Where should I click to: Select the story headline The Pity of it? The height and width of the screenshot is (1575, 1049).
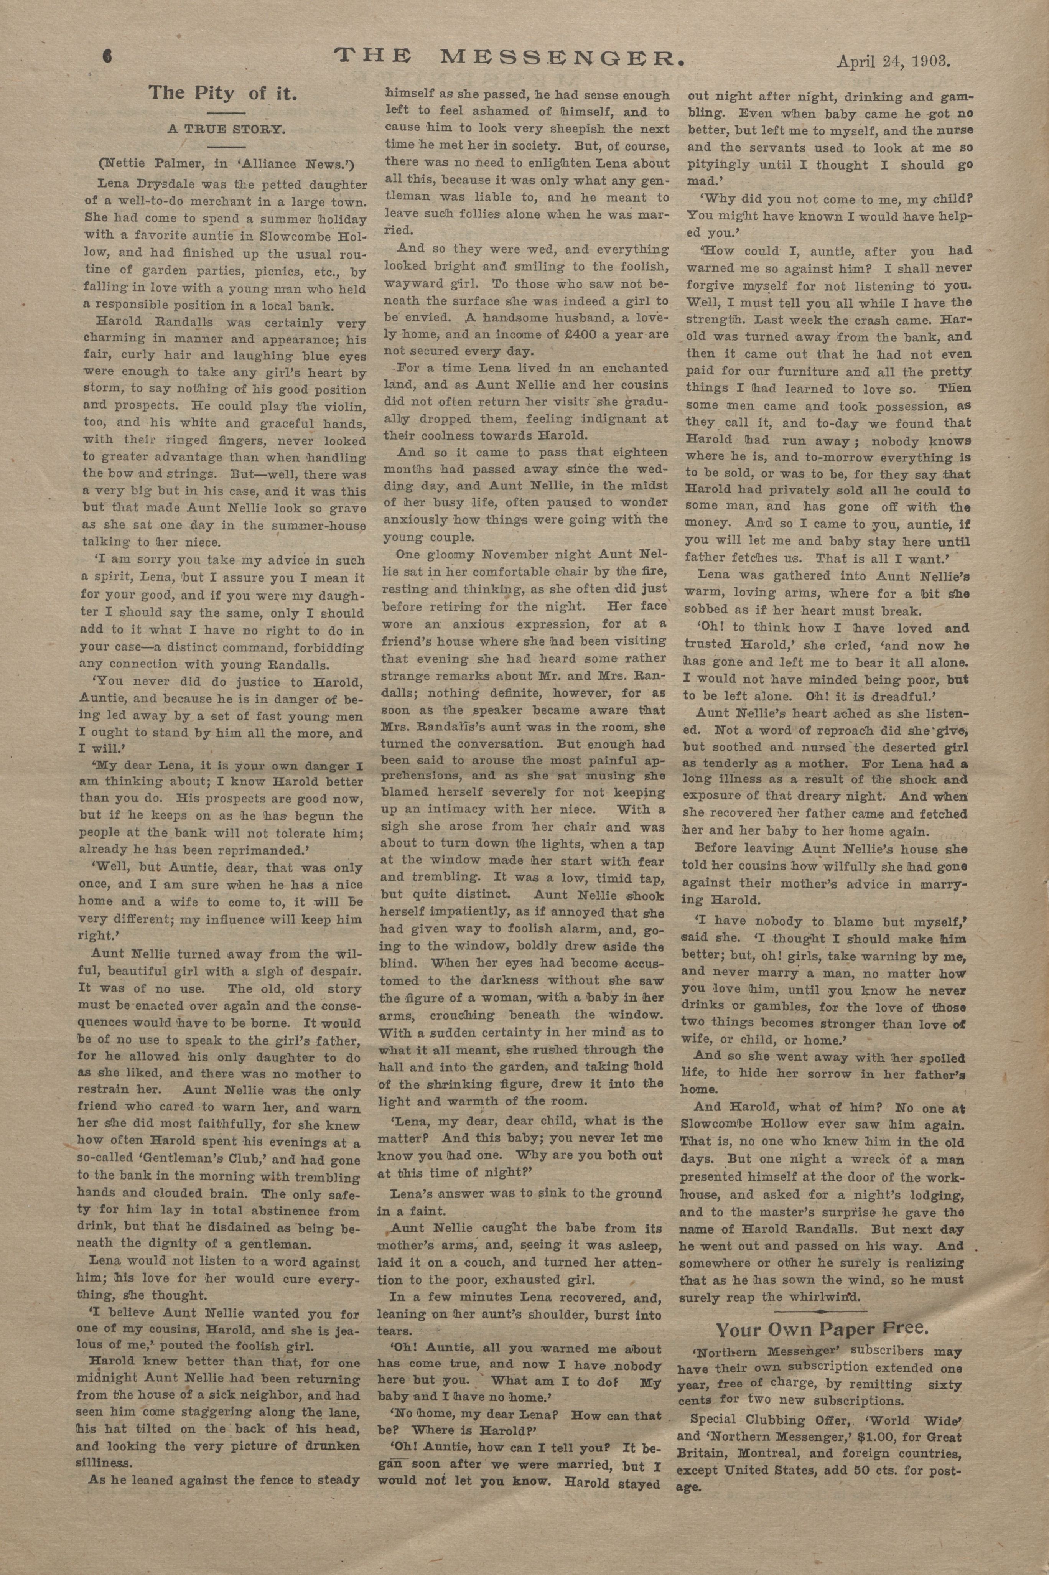coord(223,92)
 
